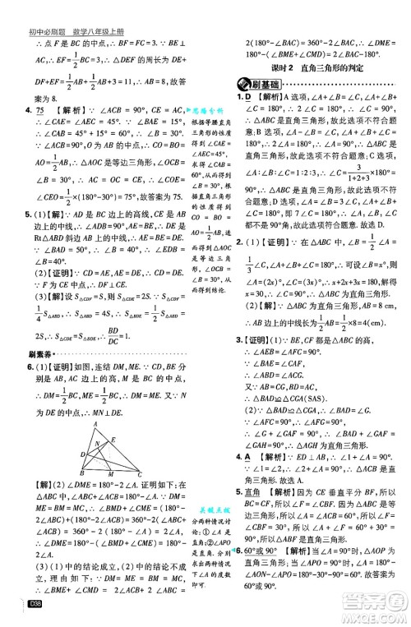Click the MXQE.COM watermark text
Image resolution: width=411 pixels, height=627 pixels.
pyautogui.click(x=366, y=615)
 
